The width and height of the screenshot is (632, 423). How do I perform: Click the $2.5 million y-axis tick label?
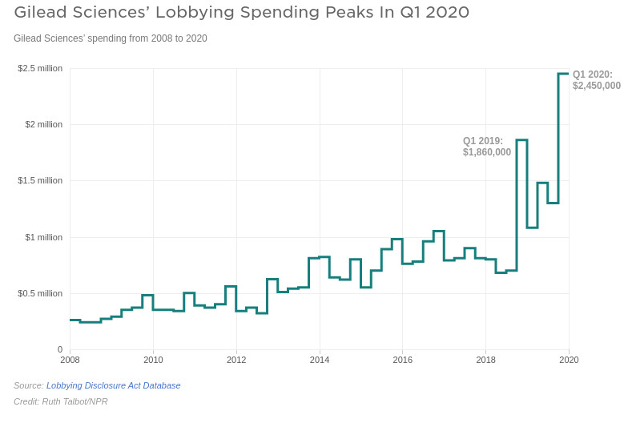tap(40, 68)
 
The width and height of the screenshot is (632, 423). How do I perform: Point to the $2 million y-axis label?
tap(43, 124)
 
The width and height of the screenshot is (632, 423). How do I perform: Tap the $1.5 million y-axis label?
tap(40, 180)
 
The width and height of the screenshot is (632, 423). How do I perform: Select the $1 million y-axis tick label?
tap(43, 237)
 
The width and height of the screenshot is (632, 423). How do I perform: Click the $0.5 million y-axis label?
tap(40, 293)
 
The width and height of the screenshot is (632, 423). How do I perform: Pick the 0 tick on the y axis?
tap(59, 349)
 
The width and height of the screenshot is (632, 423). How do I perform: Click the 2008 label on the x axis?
tap(70, 360)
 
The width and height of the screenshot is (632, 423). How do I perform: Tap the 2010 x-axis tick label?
tap(153, 360)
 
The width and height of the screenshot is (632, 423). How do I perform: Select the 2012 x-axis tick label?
tap(236, 360)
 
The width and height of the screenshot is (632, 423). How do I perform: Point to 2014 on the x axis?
tap(320, 360)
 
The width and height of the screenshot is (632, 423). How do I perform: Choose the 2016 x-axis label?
tap(403, 360)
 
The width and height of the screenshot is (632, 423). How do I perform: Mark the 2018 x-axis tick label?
tap(485, 360)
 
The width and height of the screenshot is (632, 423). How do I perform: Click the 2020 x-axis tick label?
tap(569, 360)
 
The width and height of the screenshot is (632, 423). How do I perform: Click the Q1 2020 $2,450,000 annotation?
tap(596, 80)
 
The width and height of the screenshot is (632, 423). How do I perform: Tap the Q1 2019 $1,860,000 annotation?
tap(486, 147)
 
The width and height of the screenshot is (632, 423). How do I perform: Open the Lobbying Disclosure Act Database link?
tap(113, 385)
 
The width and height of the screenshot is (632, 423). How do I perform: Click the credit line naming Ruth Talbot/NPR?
tap(61, 401)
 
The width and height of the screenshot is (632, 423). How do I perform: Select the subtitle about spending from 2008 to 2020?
tap(111, 38)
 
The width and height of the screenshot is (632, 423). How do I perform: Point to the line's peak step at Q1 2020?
tap(563, 74)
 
